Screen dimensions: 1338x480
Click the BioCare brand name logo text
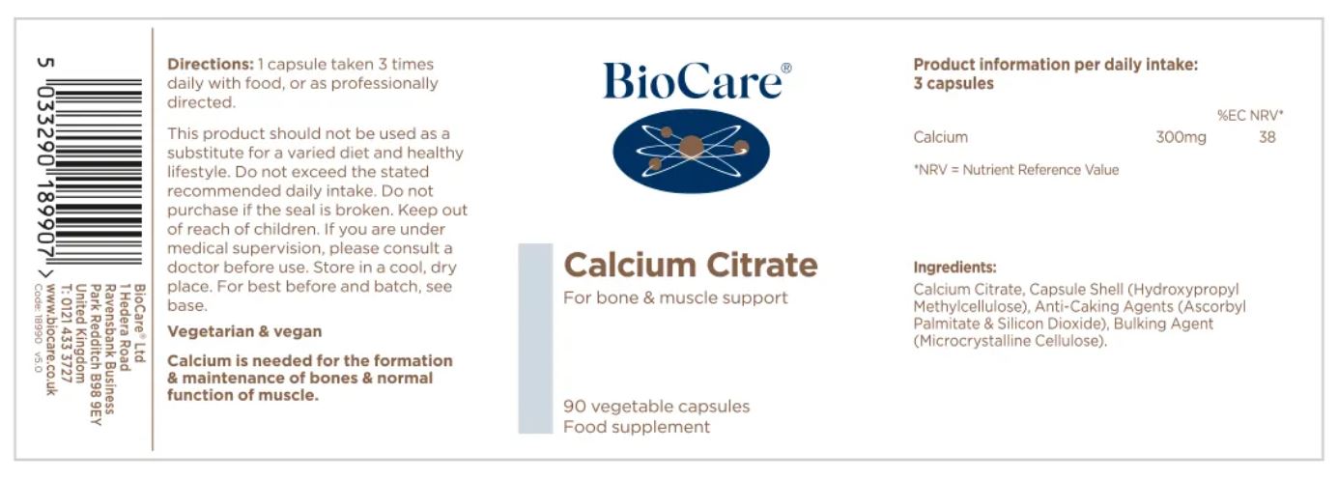tap(693, 80)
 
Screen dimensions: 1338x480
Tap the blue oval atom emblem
tap(691, 151)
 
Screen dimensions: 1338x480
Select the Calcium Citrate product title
tap(691, 265)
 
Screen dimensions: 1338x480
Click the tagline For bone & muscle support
tap(675, 297)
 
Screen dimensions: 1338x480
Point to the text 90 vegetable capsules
tap(657, 407)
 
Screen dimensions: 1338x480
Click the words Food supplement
tap(637, 427)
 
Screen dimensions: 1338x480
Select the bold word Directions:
tap(211, 64)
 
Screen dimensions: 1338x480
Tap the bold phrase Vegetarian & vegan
tap(244, 331)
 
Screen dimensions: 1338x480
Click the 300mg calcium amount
tap(1181, 137)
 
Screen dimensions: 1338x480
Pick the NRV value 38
tap(1267, 137)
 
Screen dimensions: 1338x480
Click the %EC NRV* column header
tap(1250, 115)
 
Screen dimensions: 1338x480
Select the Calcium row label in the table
tap(940, 137)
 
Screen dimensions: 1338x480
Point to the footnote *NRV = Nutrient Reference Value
tap(1016, 170)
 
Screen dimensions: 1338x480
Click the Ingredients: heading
tap(954, 268)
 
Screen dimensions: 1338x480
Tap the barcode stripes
tap(99, 171)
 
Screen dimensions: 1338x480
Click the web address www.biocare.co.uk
tap(52, 339)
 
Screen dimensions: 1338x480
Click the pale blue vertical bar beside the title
tap(535, 338)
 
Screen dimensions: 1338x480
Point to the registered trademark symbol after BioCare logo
tap(786, 68)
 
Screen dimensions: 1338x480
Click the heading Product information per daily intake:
tap(1056, 65)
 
